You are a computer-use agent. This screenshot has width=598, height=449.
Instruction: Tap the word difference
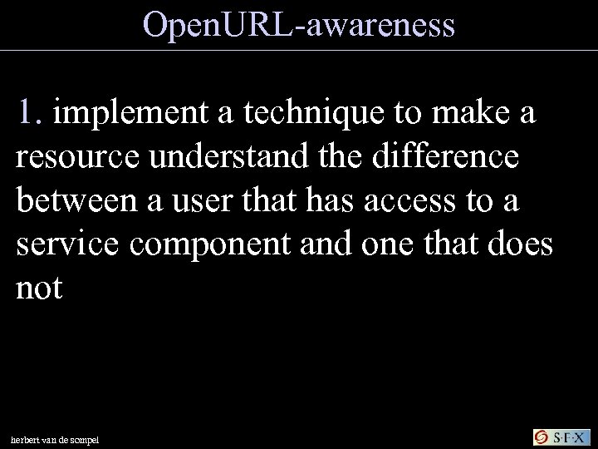(x=439, y=159)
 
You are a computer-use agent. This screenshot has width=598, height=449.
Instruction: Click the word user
(x=197, y=202)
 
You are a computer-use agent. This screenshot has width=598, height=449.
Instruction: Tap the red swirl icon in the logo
(x=541, y=437)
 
